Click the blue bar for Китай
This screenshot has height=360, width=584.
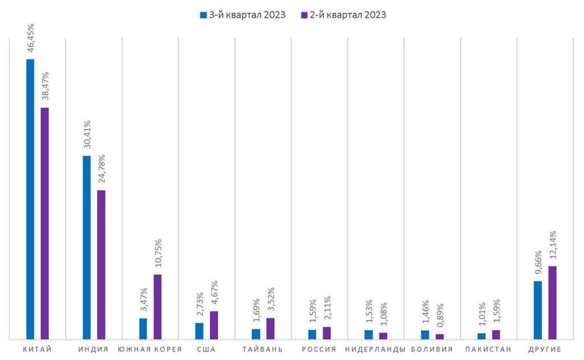(30, 200)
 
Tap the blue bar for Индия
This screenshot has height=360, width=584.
(87, 248)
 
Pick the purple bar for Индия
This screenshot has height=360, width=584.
(101, 265)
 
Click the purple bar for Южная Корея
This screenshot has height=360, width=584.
(157, 308)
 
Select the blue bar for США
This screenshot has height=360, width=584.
(199, 331)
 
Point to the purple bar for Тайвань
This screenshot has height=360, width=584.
(270, 329)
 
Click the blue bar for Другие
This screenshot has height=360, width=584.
(538, 310)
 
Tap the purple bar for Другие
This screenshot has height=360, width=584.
(552, 303)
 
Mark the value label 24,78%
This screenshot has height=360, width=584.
(102, 169)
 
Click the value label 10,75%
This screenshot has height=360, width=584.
(158, 253)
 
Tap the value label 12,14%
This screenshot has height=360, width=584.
(553, 245)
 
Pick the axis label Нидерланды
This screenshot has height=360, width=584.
(375, 349)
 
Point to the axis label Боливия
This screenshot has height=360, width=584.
(432, 349)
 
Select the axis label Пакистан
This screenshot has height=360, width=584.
(488, 349)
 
